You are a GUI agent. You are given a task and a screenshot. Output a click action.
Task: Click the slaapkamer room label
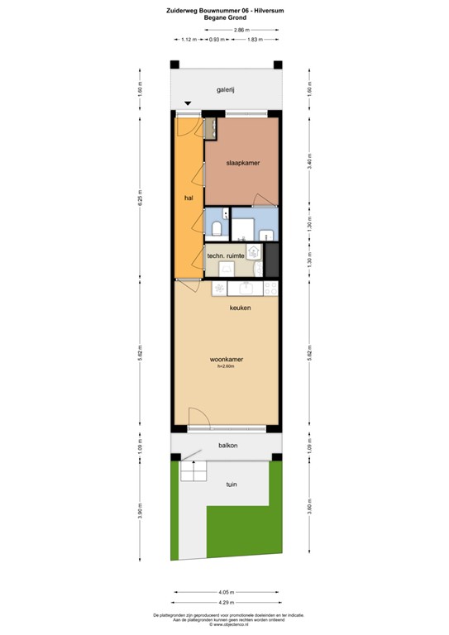[243, 163]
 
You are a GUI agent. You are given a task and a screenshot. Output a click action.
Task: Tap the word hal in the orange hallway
[189, 198]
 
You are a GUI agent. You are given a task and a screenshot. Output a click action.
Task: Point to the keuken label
[241, 308]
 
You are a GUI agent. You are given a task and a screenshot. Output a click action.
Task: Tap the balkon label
[228, 446]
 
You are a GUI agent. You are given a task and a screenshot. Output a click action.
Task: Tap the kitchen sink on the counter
[246, 288]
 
